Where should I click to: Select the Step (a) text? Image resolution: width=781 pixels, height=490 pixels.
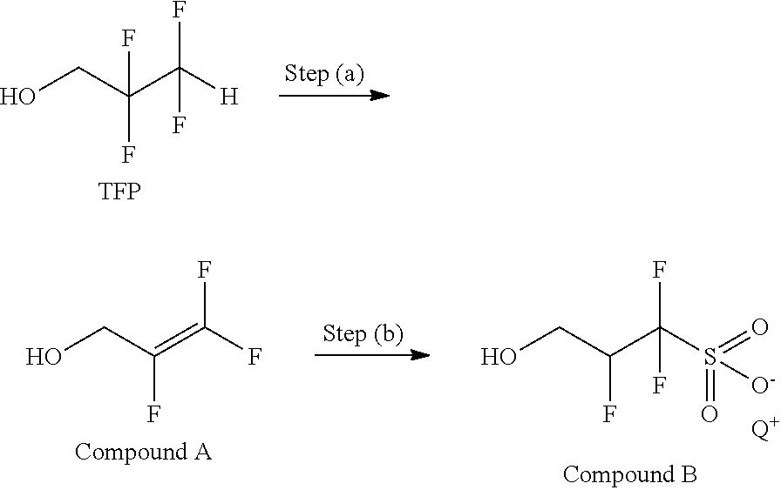pyautogui.click(x=323, y=74)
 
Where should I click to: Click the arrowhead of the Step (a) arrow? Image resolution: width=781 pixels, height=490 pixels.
pyautogui.click(x=380, y=94)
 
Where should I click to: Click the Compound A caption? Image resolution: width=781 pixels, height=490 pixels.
pyautogui.click(x=143, y=452)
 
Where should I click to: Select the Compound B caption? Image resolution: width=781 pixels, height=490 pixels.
pyautogui.click(x=629, y=474)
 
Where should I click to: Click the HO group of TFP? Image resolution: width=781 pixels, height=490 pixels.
pyautogui.click(x=18, y=96)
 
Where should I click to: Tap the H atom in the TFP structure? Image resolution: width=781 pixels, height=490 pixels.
pyautogui.click(x=228, y=97)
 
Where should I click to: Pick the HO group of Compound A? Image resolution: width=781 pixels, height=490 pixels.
pyautogui.click(x=44, y=357)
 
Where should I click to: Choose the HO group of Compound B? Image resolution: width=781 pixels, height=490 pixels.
pyautogui.click(x=501, y=357)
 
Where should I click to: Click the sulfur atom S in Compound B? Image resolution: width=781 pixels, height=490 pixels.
pyautogui.click(x=709, y=357)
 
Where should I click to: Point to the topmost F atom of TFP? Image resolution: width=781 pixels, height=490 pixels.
pyautogui.click(x=179, y=11)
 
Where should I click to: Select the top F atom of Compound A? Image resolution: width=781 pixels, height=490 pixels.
pyautogui.click(x=203, y=271)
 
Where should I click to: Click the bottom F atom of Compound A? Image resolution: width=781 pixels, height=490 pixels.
pyautogui.click(x=153, y=412)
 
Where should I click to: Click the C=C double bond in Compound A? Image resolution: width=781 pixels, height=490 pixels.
pyautogui.click(x=180, y=341)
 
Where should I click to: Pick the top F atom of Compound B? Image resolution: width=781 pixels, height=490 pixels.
pyautogui.click(x=660, y=271)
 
